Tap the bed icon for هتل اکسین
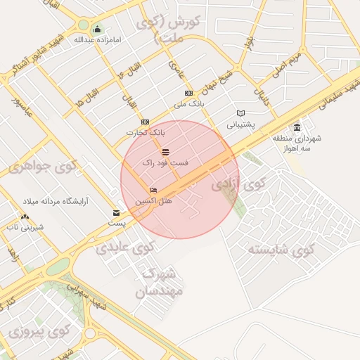coord(153,191)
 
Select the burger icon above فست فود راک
coord(165,152)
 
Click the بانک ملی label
coord(188,104)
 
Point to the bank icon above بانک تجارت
coord(146,122)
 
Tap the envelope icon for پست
coord(117,213)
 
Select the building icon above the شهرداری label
coord(297,127)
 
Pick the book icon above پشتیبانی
coord(241,113)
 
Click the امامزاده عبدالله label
coord(98,39)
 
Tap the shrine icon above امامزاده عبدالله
coord(97,29)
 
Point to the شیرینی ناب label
coord(25,227)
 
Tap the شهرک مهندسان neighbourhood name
coord(161,281)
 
